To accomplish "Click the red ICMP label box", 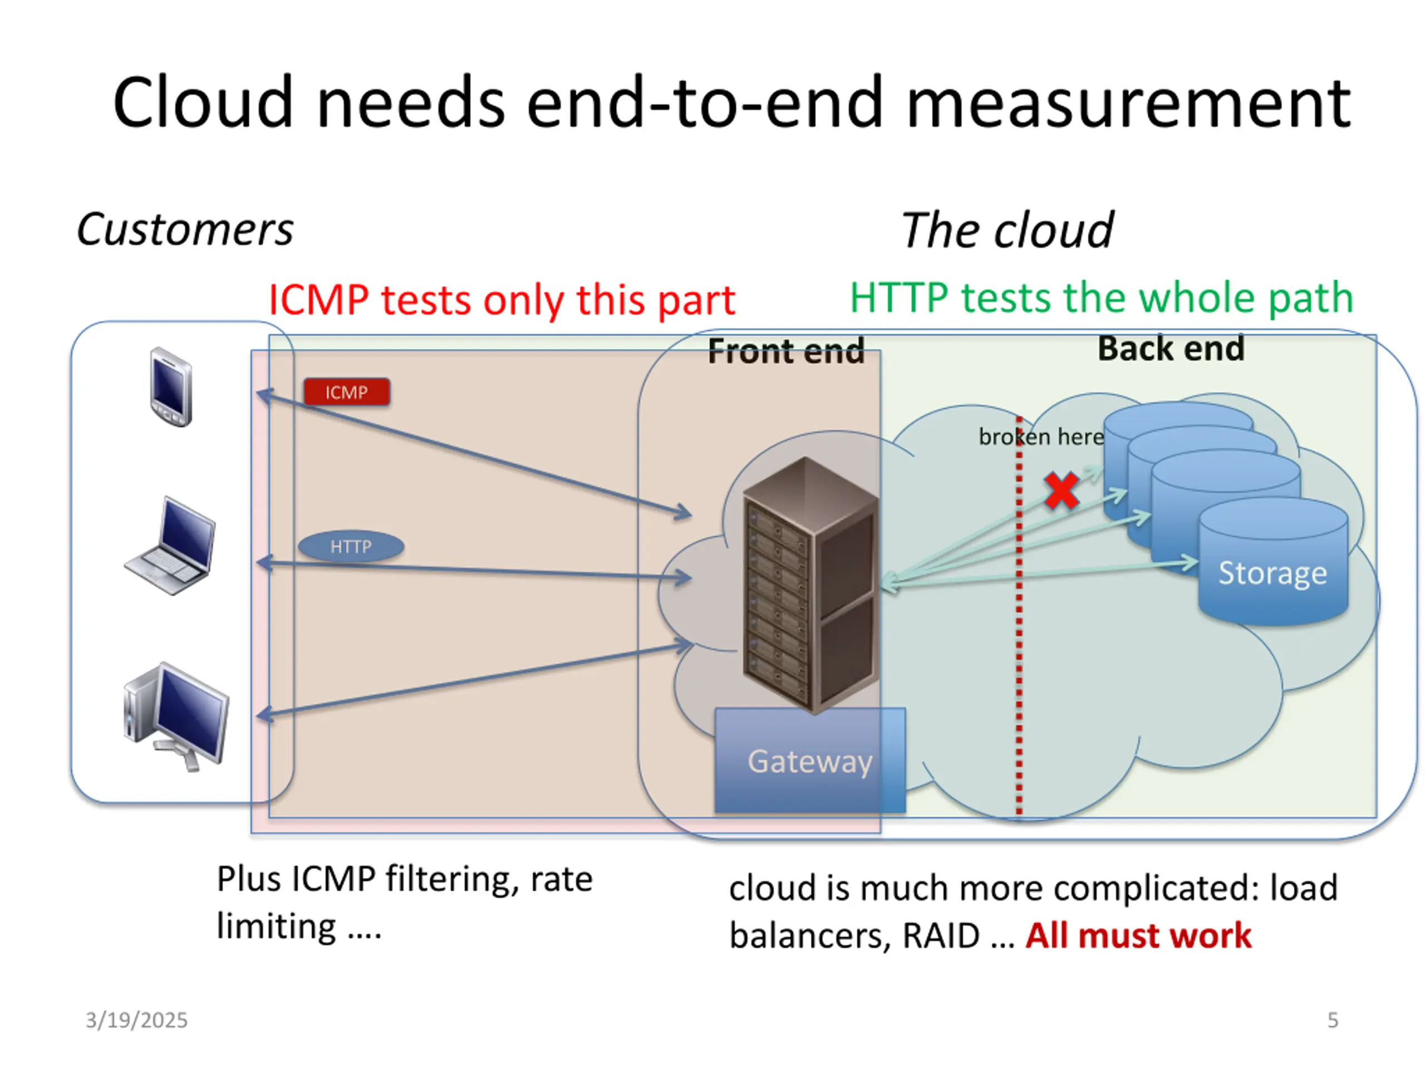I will coord(347,392).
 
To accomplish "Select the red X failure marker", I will coord(1062,491).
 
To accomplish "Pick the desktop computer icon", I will coord(176,715).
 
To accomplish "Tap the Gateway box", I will coord(810,761).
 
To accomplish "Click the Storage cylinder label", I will coord(1272,573).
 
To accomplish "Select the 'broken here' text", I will coord(1040,437).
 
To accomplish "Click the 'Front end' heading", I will coord(786,352).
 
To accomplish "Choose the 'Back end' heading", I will coord(1171,349).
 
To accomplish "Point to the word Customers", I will coord(185,229).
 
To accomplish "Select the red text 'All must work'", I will coord(1138,935).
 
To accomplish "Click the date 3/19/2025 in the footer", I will coord(136,1020).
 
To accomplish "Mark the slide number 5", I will coord(1333,1020).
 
